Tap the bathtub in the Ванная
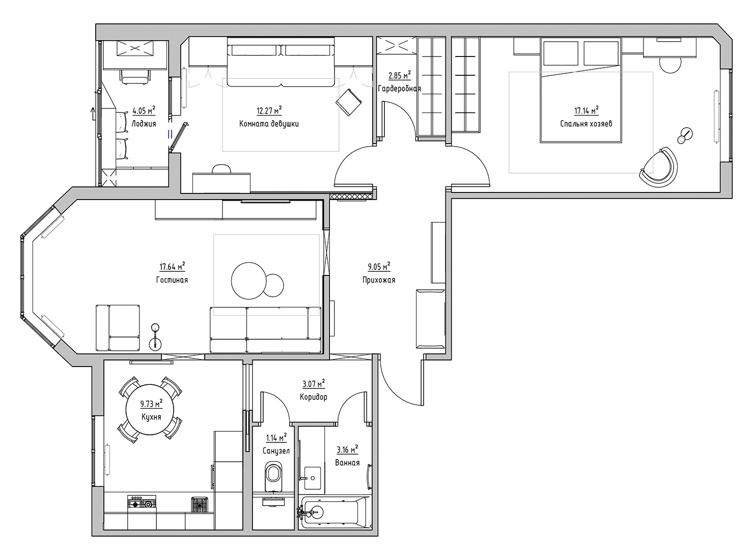click(335, 512)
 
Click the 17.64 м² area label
click(172, 266)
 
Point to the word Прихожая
click(379, 279)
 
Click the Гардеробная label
click(399, 89)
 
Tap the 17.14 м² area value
click(586, 110)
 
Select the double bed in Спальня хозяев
click(581, 90)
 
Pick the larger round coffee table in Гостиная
click(249, 281)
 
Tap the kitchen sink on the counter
click(199, 505)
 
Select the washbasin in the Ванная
click(312, 478)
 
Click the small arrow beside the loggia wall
click(92, 113)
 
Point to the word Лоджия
click(144, 124)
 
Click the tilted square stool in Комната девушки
click(349, 102)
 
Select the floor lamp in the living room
click(155, 337)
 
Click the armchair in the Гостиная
click(118, 327)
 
